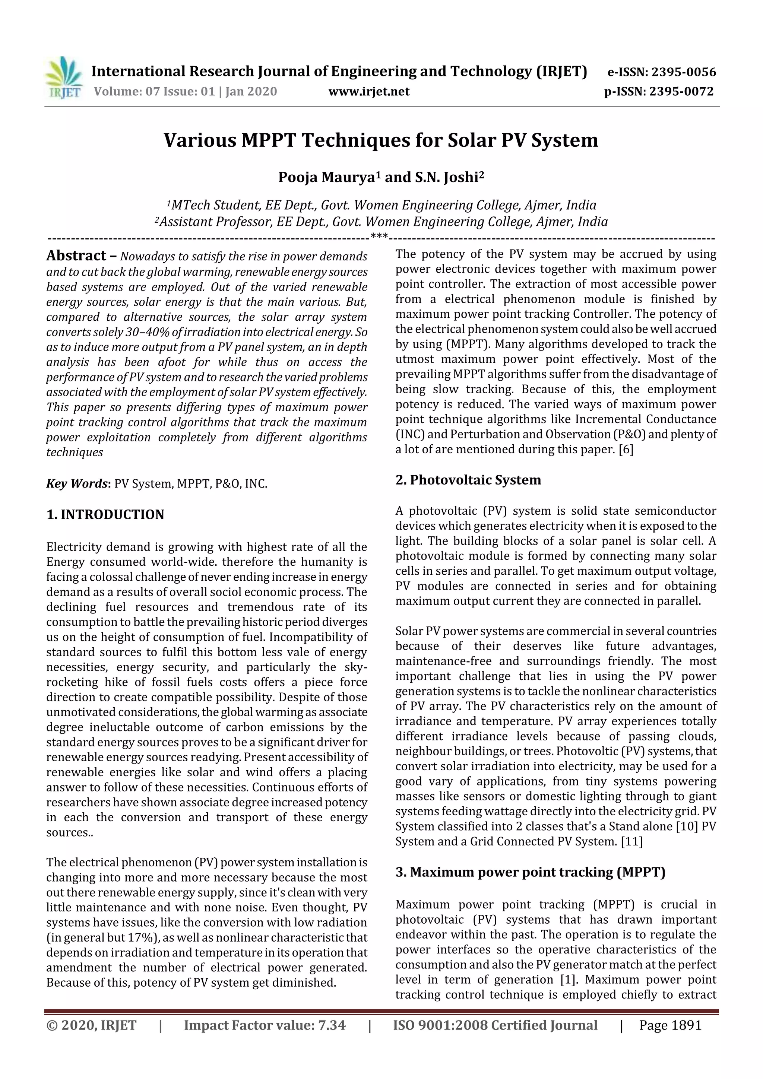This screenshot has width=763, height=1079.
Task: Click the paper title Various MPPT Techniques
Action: click(x=381, y=140)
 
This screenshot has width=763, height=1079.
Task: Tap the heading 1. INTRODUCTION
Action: click(x=105, y=515)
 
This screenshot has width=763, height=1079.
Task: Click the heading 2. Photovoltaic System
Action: click(x=468, y=480)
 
